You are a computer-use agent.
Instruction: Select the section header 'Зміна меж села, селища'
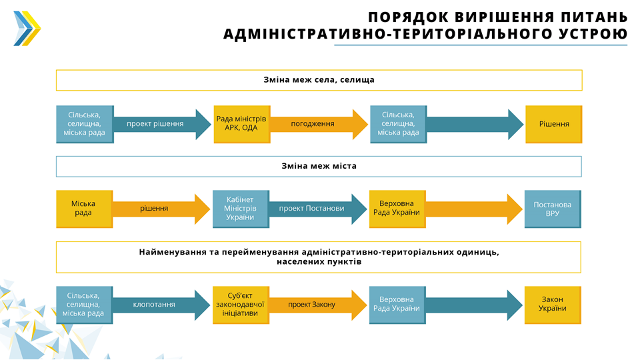319,80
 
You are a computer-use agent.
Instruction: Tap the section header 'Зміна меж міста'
319,166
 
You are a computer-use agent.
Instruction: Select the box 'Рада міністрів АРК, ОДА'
241,124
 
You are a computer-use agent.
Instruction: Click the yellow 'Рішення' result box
553,124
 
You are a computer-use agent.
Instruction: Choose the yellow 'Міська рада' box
83,209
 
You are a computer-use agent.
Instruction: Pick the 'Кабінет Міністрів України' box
240,209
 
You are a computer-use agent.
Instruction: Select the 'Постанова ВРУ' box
552,209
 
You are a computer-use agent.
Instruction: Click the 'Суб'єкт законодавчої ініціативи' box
240,305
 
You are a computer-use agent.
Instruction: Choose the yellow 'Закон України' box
552,305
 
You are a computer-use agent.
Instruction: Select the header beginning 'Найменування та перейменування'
319,257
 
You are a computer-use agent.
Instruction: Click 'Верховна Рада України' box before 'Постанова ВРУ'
396,209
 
